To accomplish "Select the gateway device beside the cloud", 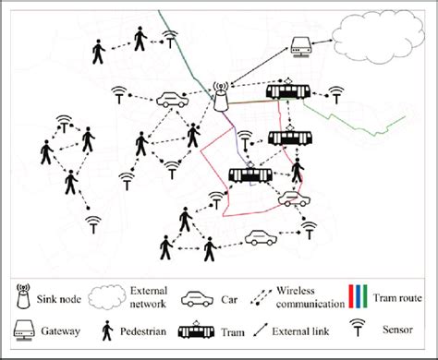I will (x=300, y=43).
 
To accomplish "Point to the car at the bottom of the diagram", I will (x=262, y=237).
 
